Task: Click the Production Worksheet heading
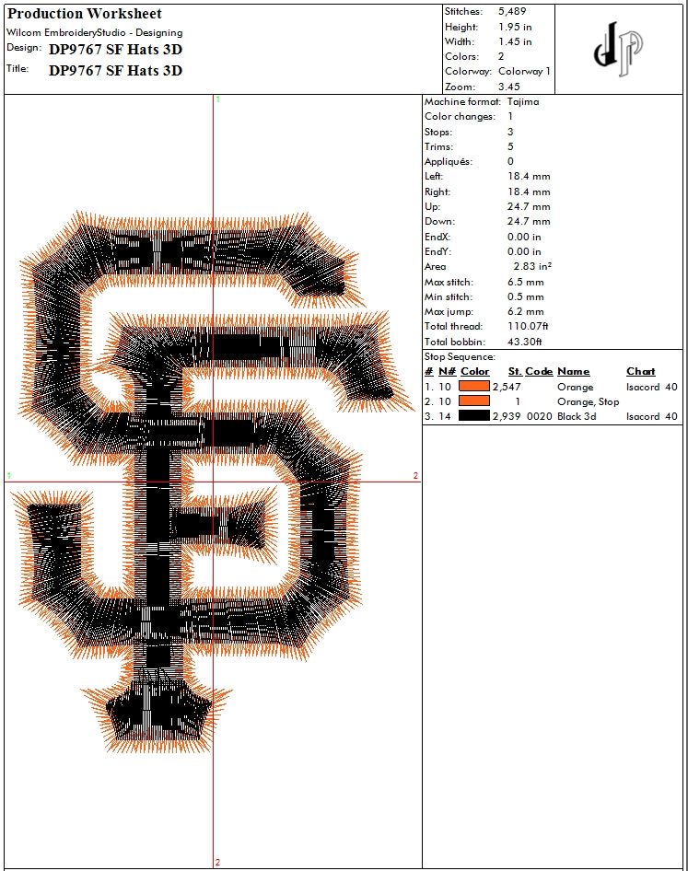(x=85, y=14)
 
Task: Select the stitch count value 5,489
(x=512, y=12)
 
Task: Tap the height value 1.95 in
(x=515, y=27)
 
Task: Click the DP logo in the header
(x=619, y=49)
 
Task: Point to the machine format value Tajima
(x=523, y=101)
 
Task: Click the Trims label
(x=438, y=146)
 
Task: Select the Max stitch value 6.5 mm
(x=525, y=282)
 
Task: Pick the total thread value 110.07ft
(x=528, y=326)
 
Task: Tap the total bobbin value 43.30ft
(x=524, y=342)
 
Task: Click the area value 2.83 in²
(x=532, y=267)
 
